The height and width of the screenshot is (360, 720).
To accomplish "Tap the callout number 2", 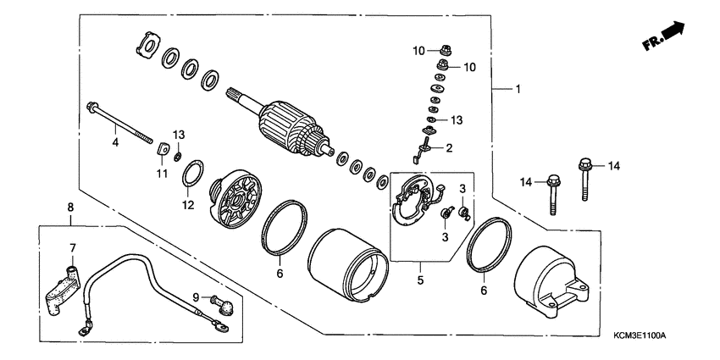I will point(448,147).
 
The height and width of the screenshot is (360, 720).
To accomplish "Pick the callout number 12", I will point(187,204).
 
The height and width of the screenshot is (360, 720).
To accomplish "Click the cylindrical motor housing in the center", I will point(345,265).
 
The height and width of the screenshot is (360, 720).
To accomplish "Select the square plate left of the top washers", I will point(148,46).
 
